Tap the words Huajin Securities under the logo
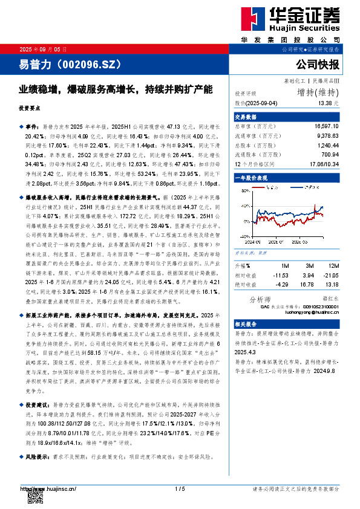tap(309, 28)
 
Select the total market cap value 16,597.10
tap(327, 125)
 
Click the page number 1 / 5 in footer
tap(180, 488)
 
